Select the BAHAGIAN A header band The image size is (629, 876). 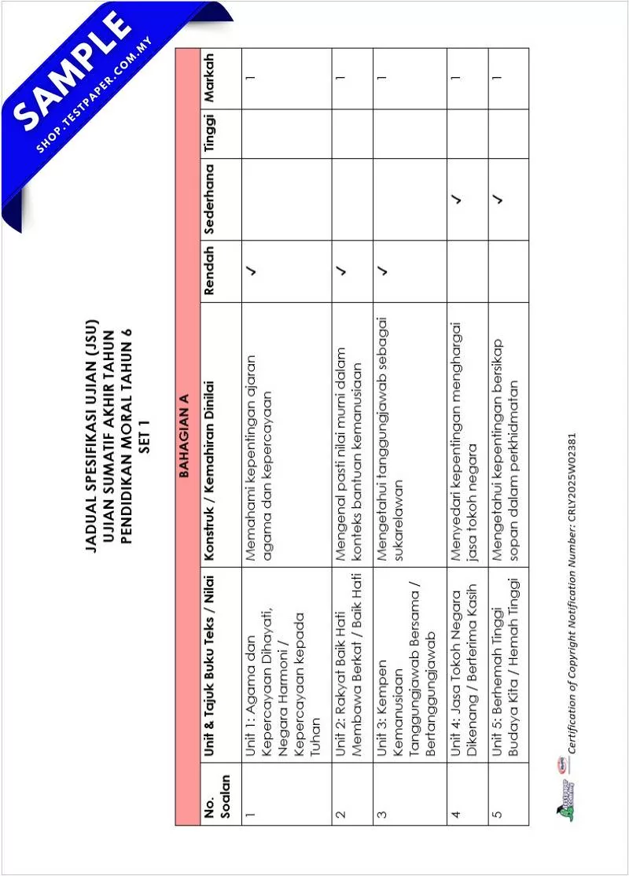[186, 436]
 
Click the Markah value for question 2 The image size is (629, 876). [341, 79]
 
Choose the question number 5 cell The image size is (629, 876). [497, 810]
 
